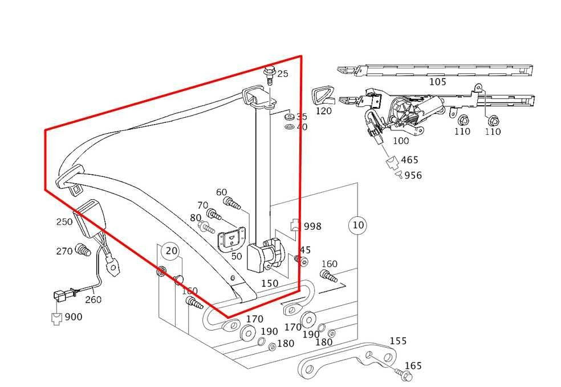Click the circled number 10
point(357,225)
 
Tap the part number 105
point(437,81)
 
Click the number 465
point(409,160)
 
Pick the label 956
point(413,175)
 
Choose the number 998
point(312,227)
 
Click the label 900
point(73,316)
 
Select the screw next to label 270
point(83,249)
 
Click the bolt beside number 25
point(269,74)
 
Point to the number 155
point(398,341)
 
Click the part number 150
point(270,283)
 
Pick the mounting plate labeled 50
point(233,237)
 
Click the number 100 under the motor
point(401,141)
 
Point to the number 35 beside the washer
point(301,117)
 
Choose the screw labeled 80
point(206,228)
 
